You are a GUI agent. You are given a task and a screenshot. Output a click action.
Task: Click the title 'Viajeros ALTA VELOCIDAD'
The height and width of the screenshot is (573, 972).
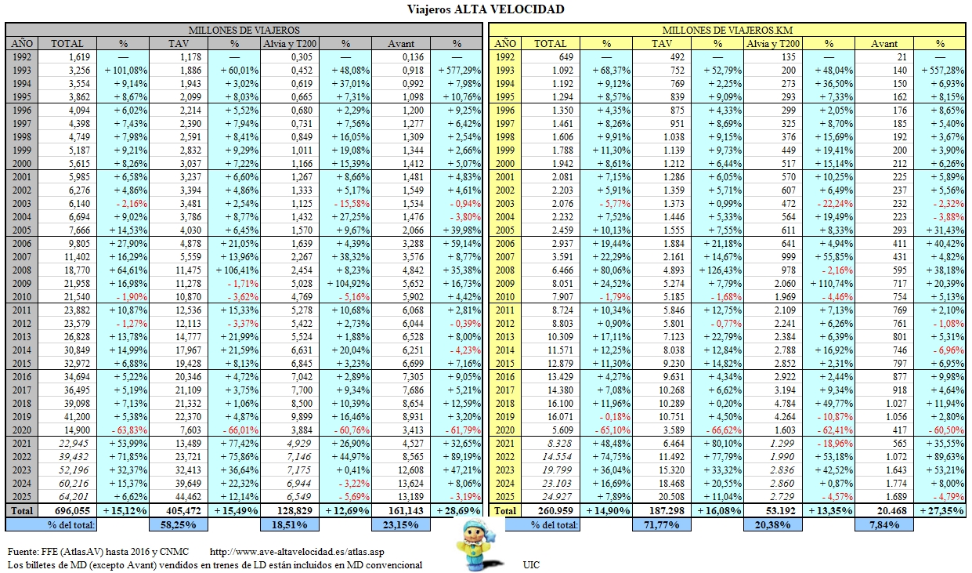(x=486, y=9)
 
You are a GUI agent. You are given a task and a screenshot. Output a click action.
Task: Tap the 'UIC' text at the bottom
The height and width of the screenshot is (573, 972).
(x=531, y=564)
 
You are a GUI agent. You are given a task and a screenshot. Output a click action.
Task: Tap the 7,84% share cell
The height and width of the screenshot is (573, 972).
(x=884, y=524)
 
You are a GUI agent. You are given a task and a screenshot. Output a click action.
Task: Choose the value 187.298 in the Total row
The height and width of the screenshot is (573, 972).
(x=662, y=510)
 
